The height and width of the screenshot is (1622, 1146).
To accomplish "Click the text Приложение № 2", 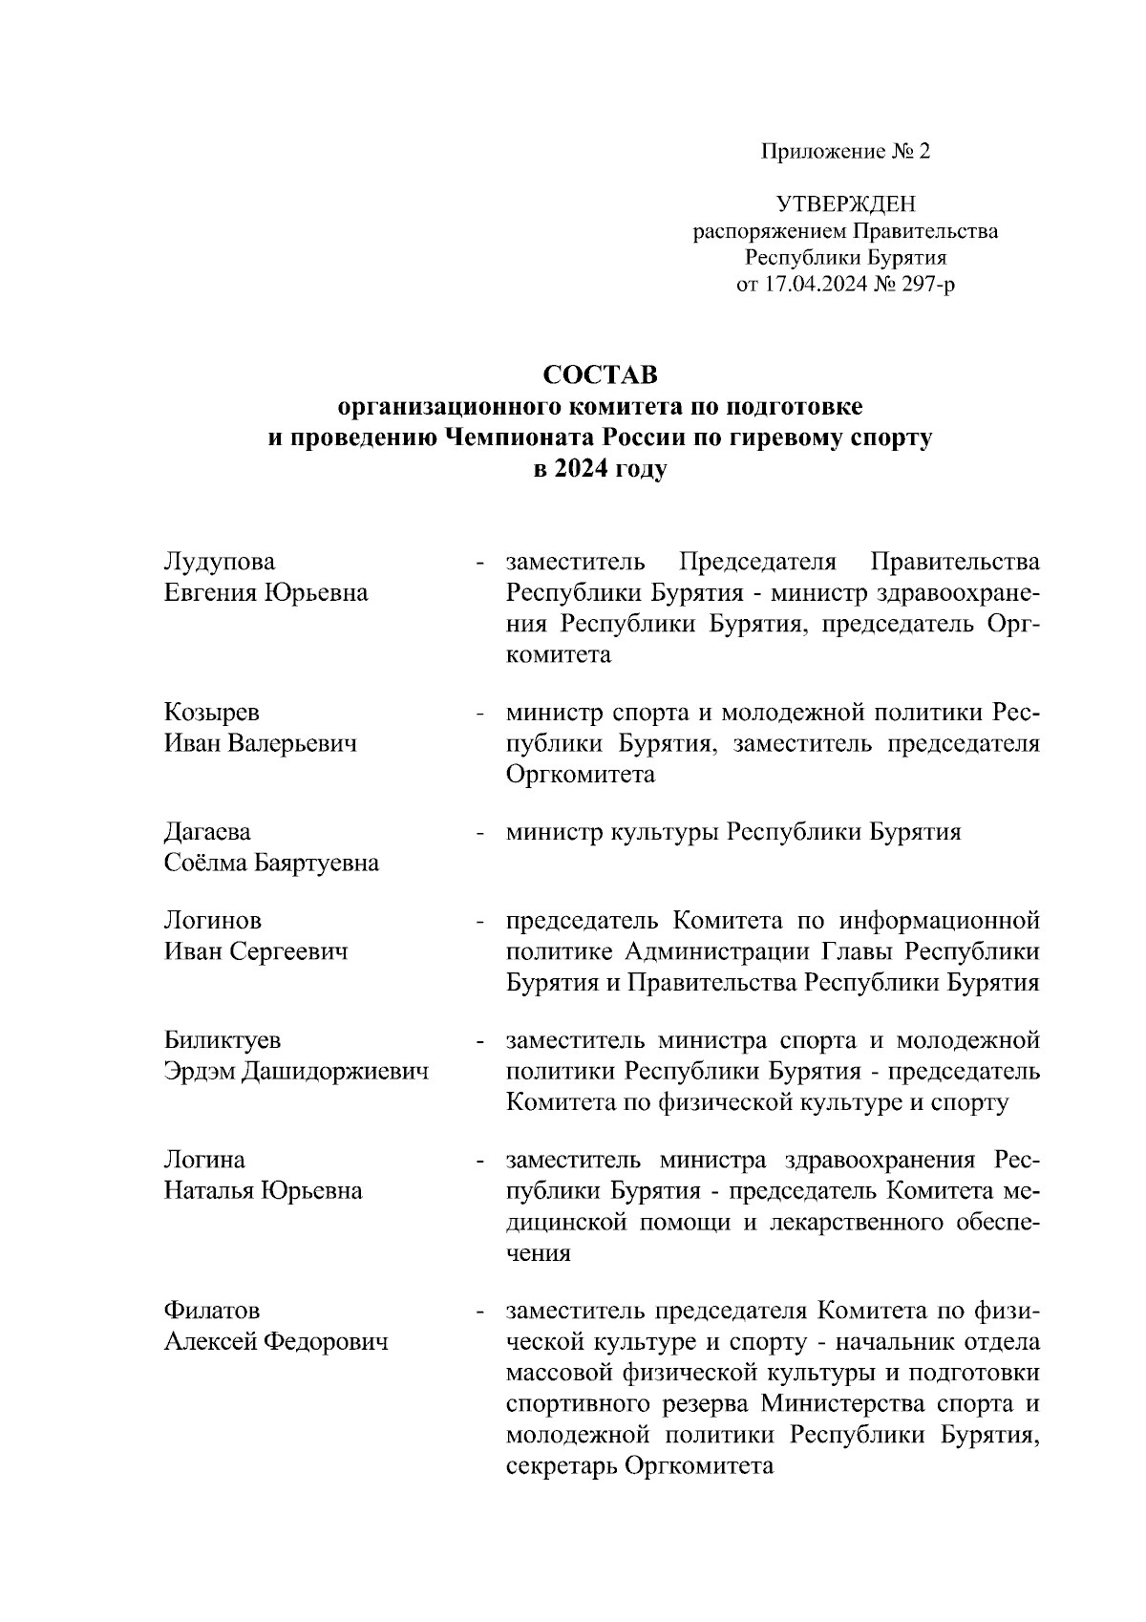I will [x=845, y=151].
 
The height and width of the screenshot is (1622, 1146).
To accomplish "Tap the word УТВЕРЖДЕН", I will [x=845, y=203].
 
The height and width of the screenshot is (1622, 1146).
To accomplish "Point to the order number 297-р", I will [x=921, y=285].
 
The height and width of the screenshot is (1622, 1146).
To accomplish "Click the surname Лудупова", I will [x=220, y=561].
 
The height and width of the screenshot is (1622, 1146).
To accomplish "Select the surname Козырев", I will [x=212, y=713].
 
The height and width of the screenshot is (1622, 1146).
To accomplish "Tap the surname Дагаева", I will [x=208, y=832].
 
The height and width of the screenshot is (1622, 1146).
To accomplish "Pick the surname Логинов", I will [x=213, y=921].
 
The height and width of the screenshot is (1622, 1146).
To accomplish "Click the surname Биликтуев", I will [x=223, y=1040].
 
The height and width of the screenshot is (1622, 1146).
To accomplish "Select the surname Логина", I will [x=204, y=1160].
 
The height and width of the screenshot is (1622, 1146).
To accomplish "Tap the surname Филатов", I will [x=212, y=1311].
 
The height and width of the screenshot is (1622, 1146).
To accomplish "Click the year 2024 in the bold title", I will [x=583, y=471].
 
